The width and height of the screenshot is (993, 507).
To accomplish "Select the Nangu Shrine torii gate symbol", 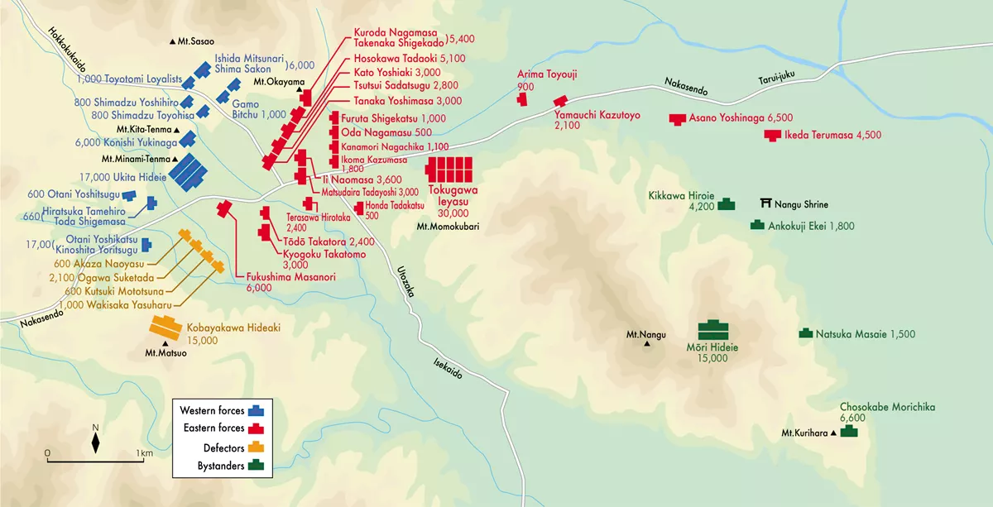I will [767, 203].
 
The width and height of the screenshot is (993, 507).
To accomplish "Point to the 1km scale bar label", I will [144, 453].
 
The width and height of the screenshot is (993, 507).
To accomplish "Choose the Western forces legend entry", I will [220, 409].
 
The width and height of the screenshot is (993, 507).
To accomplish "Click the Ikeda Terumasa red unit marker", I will [772, 135].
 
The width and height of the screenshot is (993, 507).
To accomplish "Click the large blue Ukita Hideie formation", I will [188, 170].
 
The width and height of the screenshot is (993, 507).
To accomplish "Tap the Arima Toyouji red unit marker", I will [522, 98].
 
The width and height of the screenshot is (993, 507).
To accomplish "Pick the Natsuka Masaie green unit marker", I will [805, 333].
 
